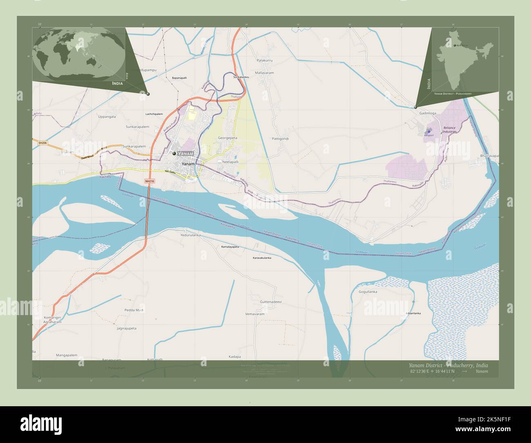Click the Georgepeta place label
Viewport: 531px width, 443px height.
(x=228, y=138)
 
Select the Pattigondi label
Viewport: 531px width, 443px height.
(x=280, y=139)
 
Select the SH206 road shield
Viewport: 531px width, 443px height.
(x=42, y=143)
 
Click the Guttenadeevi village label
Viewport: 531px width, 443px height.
(x=271, y=302)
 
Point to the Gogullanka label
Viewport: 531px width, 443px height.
(x=368, y=292)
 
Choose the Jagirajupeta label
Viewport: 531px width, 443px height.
(x=126, y=328)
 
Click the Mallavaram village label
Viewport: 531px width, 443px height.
(x=264, y=73)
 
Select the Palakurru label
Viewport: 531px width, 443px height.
(x=264, y=60)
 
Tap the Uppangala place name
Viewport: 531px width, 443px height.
(x=107, y=116)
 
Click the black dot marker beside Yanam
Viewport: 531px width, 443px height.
(x=174, y=153)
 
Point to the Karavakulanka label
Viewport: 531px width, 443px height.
(x=262, y=258)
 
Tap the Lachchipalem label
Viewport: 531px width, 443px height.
(x=154, y=114)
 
